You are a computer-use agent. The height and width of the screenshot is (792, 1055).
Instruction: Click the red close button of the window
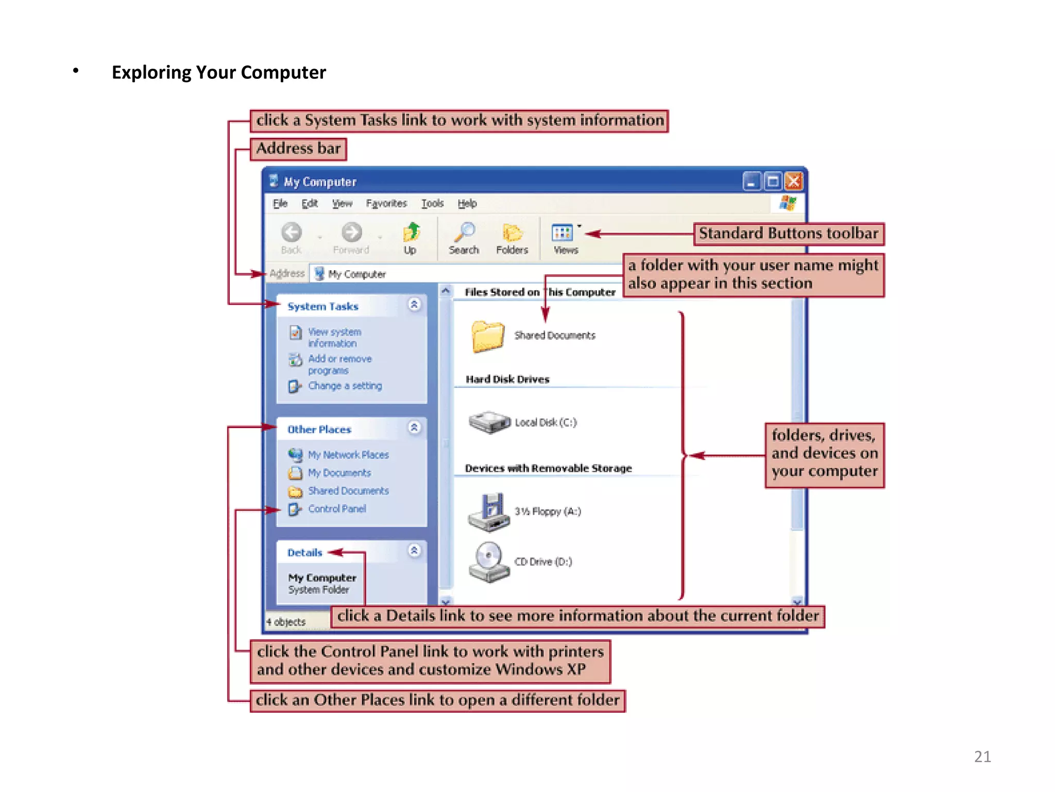(x=793, y=181)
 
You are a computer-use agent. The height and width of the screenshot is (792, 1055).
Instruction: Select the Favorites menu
(x=386, y=204)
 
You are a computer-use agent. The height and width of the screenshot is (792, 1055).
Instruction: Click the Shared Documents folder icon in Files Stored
(x=487, y=336)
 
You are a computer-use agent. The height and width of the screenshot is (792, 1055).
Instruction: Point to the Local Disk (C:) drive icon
(x=489, y=422)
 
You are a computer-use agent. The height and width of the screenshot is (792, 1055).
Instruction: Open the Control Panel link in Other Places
(x=337, y=509)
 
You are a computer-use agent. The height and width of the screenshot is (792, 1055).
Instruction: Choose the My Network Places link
(x=348, y=455)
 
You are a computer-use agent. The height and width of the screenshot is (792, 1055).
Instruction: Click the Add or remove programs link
(x=339, y=365)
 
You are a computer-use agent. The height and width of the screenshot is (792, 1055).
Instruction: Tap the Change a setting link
(x=345, y=386)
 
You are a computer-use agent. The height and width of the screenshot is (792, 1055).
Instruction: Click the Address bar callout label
(x=298, y=149)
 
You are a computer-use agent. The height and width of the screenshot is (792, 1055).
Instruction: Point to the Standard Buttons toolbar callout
(x=788, y=234)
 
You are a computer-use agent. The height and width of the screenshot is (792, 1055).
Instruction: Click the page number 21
(x=982, y=756)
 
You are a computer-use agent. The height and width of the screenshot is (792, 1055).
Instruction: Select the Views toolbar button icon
(x=563, y=233)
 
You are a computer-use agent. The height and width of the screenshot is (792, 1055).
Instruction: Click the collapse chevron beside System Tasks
(x=414, y=305)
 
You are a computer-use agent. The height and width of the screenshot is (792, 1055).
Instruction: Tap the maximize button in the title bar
(x=773, y=181)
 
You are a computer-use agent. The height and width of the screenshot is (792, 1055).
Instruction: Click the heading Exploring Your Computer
(x=219, y=73)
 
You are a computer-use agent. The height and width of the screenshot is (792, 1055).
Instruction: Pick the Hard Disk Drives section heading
(x=507, y=379)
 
